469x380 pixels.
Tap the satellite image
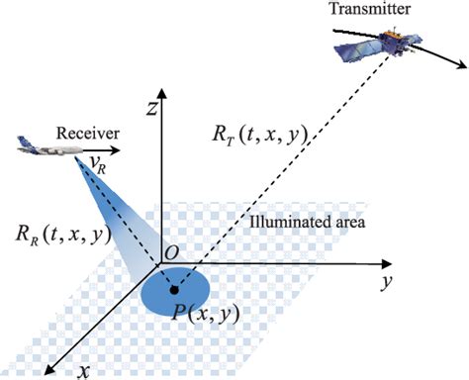pos(389,44)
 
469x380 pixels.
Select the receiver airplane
pos(43,146)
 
